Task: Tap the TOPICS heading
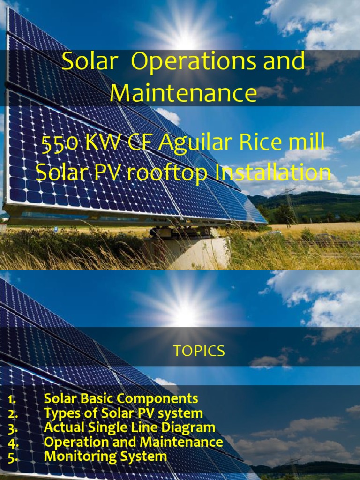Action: [199, 351]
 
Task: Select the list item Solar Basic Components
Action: [120, 399]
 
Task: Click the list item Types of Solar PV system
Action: [123, 413]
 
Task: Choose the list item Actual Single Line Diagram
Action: [129, 427]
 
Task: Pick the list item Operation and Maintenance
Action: [133, 442]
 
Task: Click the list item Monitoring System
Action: [105, 457]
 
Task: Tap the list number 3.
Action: [13, 427]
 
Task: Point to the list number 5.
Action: [13, 457]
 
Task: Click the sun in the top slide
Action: [186, 37]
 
